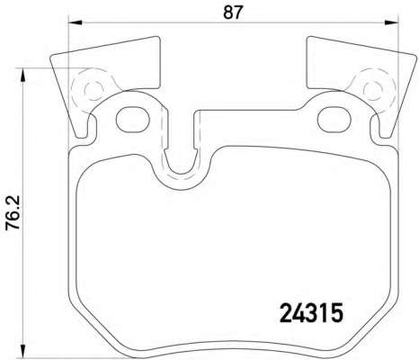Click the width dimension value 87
[233, 13]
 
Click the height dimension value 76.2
[13, 212]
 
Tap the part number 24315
[311, 312]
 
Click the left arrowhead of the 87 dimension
[76, 22]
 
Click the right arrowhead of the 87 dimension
[392, 22]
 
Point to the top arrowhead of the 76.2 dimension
[22, 75]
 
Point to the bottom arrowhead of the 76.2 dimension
[22, 351]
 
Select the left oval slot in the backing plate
[133, 120]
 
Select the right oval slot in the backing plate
[334, 120]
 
